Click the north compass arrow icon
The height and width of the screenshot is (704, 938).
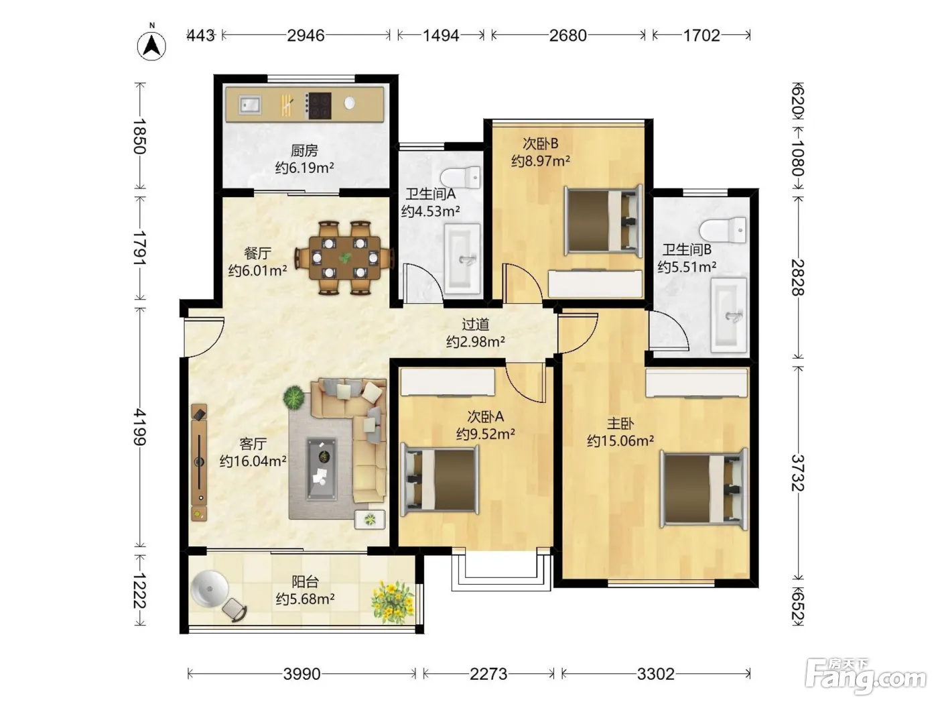point(151,46)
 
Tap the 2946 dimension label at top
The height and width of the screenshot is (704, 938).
point(306,35)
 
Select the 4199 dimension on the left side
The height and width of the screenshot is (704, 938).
point(139,426)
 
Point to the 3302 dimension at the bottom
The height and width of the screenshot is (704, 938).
point(655,674)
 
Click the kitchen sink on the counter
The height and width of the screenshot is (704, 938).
point(250,105)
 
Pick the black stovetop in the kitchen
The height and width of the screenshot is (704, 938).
point(319,105)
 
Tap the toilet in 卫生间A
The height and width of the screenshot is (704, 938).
point(461,177)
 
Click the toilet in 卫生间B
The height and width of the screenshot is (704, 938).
point(723,229)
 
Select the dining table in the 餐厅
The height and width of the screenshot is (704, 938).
point(344,257)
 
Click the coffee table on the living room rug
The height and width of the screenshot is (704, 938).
point(322,469)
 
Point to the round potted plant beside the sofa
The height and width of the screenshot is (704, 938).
point(293,396)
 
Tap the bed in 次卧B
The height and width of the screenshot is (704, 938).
point(604,221)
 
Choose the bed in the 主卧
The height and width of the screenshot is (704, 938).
point(703,489)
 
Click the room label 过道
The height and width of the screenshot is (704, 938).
point(475,325)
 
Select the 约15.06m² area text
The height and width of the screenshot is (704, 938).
point(620,441)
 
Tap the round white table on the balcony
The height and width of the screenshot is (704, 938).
point(209,589)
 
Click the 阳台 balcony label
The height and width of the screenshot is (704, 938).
point(305,581)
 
